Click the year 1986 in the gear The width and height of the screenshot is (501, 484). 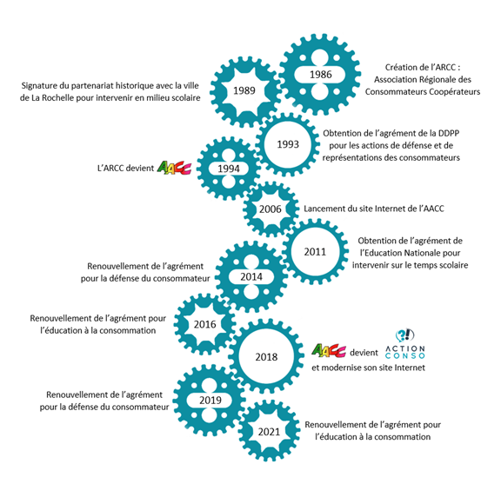click(320, 75)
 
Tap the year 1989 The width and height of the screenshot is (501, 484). click(244, 90)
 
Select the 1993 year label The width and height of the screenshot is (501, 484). click(288, 144)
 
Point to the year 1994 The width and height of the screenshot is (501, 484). click(229, 169)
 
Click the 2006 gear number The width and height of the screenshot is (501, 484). click(271, 209)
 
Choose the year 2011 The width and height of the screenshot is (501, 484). click(315, 252)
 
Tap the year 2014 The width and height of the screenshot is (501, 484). click(251, 277)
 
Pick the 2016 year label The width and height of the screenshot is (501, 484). click(204, 324)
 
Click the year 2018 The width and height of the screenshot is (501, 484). click(266, 357)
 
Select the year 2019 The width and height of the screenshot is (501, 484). click(210, 401)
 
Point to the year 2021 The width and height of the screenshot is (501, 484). click(269, 432)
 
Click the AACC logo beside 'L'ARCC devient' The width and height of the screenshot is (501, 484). click(174, 168)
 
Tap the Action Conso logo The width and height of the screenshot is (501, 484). click(405, 344)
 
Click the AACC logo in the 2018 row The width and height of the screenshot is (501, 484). click(329, 350)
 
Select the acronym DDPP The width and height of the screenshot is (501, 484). click(449, 133)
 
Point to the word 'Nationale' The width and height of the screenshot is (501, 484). click(420, 253)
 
